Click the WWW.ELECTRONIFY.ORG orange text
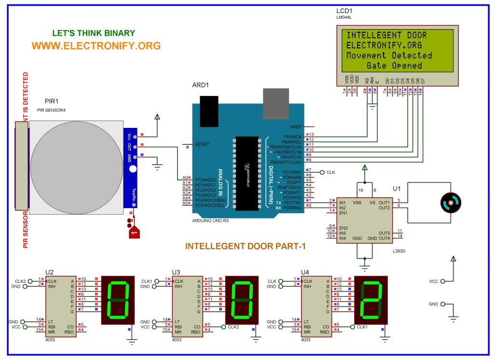pos(96,46)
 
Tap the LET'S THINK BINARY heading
pos(94,33)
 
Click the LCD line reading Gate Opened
pos(394,66)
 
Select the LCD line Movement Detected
pos(389,55)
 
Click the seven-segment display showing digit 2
pos(371,299)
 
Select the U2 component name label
pos(49,272)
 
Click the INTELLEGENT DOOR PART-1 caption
pos(246,246)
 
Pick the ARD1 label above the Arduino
pos(201,85)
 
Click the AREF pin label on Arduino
pos(295,126)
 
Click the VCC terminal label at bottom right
pos(434,281)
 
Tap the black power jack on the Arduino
pos(209,107)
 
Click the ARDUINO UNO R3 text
pos(211,220)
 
